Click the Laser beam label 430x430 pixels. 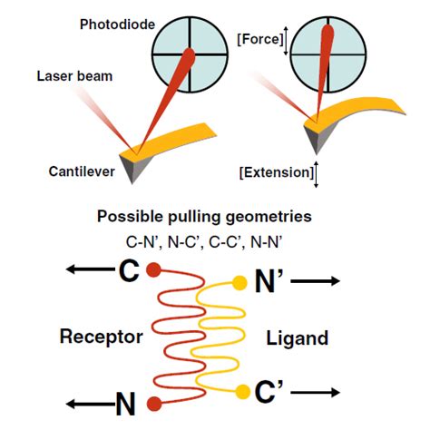(75, 76)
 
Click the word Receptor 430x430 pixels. (102, 337)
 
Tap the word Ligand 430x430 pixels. (297, 337)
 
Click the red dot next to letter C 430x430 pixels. (154, 269)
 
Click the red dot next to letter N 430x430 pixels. (154, 402)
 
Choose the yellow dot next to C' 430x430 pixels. (241, 391)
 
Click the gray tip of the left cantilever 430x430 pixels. (132, 169)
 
